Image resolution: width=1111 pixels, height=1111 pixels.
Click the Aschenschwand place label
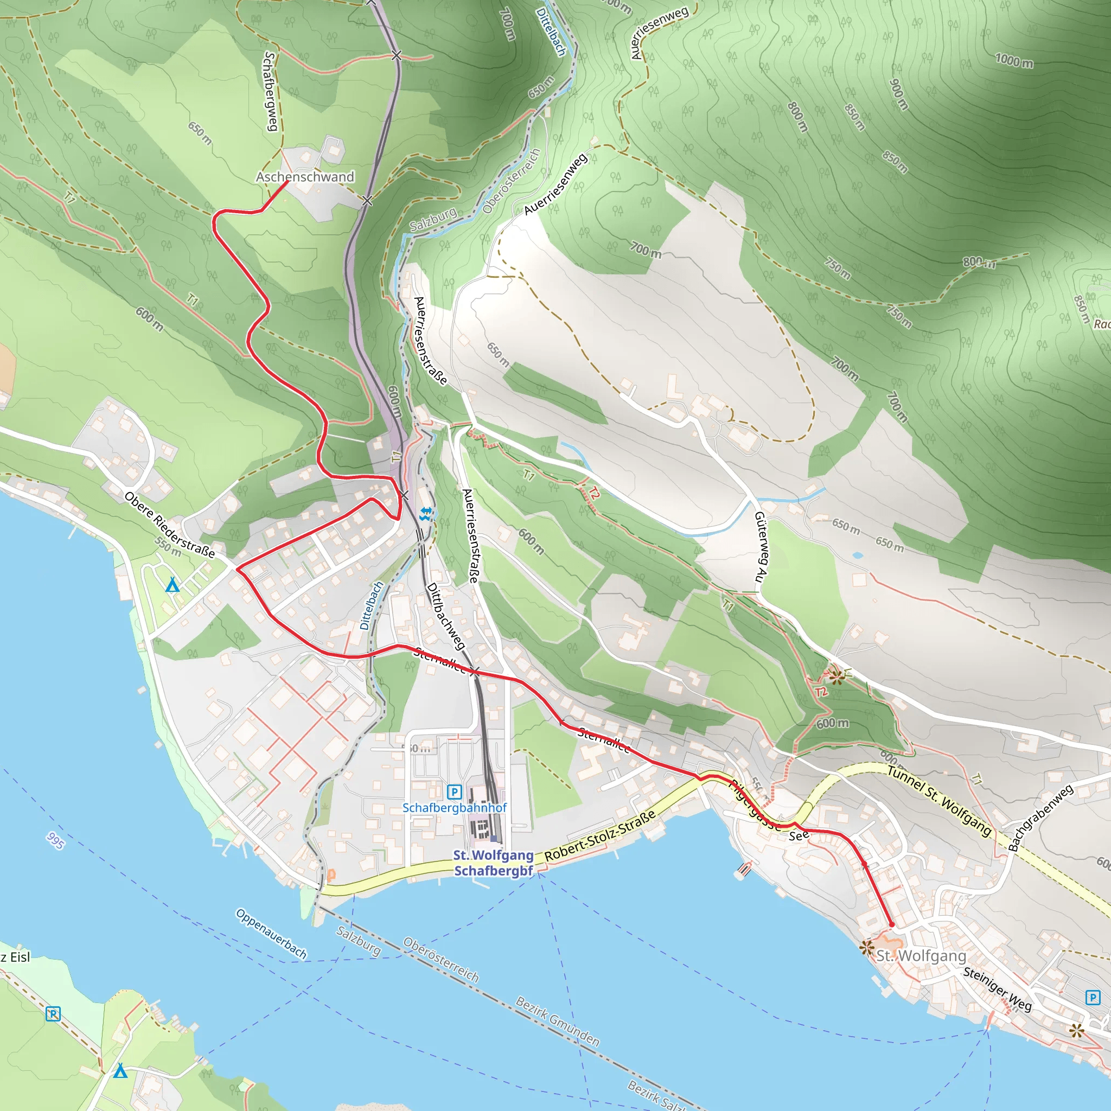(x=305, y=176)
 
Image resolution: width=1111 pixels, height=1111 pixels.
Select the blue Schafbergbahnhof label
(x=454, y=807)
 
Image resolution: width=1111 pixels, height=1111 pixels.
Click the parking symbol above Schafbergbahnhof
(x=454, y=792)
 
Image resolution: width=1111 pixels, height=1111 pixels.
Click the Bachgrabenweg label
(x=1040, y=817)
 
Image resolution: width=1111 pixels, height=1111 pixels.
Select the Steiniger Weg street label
(x=998, y=988)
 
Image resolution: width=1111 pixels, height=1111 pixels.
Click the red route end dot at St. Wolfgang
(x=892, y=925)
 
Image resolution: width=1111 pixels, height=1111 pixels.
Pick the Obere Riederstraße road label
(x=170, y=525)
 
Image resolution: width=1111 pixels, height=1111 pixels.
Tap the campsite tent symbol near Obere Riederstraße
(x=172, y=586)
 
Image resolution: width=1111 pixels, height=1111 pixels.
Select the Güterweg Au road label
(x=761, y=547)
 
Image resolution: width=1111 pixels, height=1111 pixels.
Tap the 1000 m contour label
(x=1014, y=60)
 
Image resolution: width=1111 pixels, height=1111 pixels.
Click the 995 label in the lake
(x=55, y=841)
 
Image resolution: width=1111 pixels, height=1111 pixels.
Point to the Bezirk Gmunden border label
(x=557, y=1021)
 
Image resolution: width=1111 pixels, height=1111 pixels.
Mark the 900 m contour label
(x=898, y=94)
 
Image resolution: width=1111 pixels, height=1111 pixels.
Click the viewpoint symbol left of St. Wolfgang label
(x=866, y=947)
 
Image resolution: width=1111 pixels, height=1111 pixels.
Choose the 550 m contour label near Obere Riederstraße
(x=168, y=547)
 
